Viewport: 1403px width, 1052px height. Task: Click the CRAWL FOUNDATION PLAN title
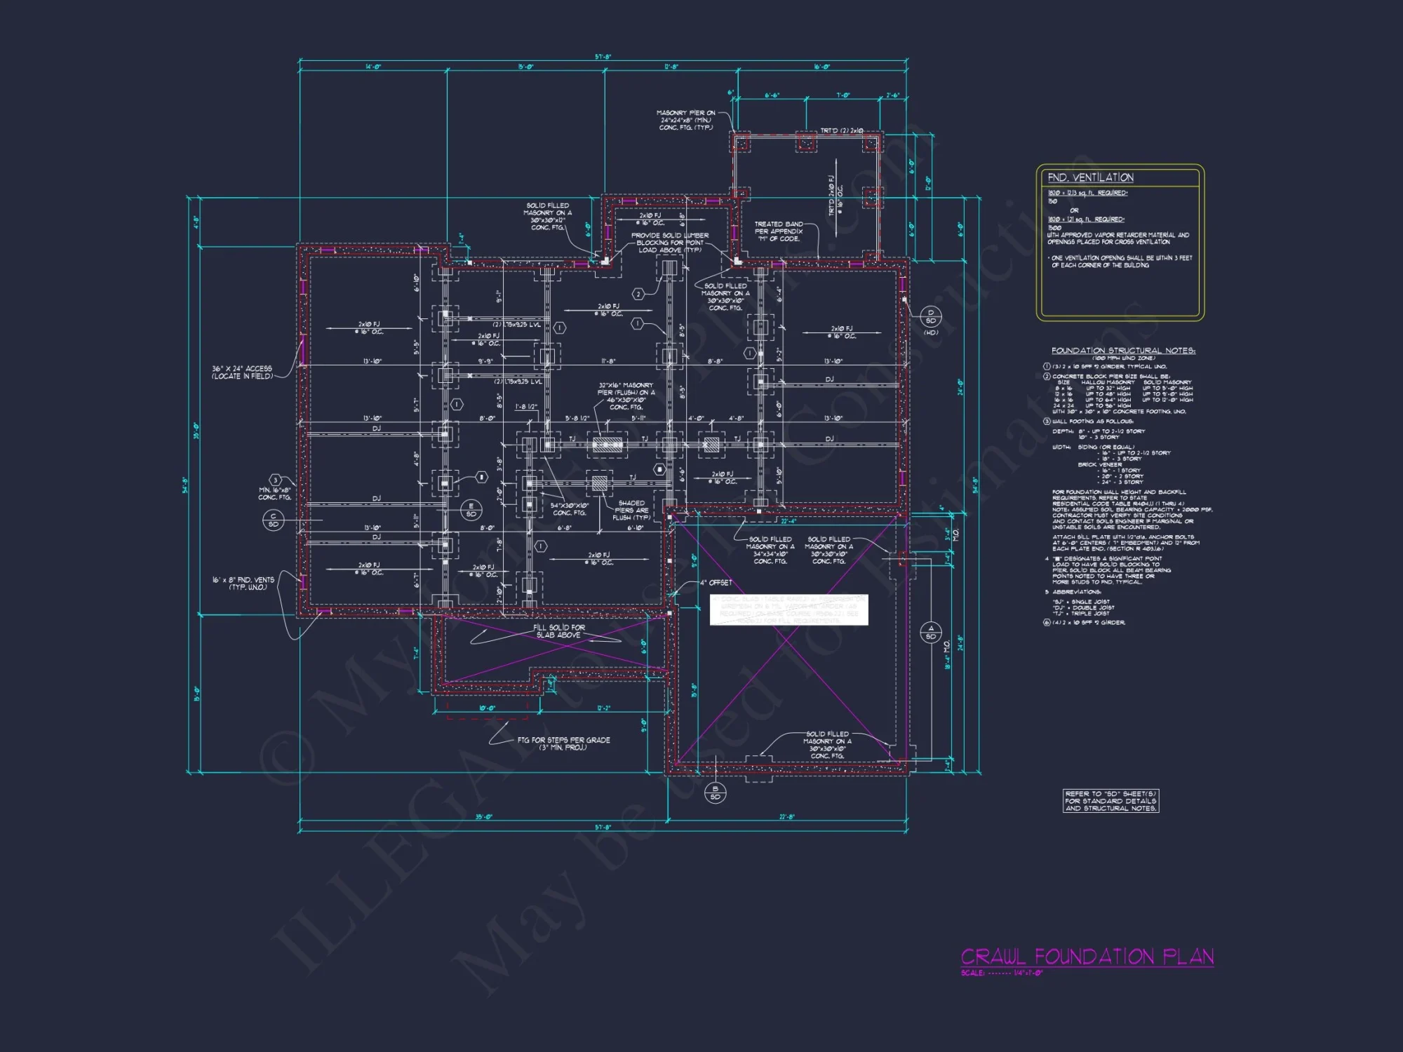pos(1087,957)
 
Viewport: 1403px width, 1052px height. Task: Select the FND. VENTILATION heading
pos(1090,177)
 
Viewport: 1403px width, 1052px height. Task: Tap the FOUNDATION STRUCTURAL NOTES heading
pos(1122,351)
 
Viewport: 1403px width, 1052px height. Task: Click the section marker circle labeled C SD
pos(273,520)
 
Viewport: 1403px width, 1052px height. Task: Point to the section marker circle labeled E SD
pos(471,510)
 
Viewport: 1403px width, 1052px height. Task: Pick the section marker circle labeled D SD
pos(930,317)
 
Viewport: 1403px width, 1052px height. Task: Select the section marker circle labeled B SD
pos(715,793)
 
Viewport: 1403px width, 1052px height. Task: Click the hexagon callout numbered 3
pos(276,480)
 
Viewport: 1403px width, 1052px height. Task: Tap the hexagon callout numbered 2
pos(638,294)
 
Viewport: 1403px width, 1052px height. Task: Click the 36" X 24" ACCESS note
pos(242,372)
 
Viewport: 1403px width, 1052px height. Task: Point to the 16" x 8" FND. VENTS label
pos(243,584)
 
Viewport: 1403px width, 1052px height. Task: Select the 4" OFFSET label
pos(716,583)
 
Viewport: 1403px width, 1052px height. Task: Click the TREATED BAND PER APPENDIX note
pos(778,231)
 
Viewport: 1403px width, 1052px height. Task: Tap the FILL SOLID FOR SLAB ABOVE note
pos(558,631)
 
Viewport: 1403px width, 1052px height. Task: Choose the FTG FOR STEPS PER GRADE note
pos(563,743)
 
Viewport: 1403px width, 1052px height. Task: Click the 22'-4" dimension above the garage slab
pos(788,521)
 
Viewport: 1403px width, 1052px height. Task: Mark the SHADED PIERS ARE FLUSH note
pos(631,510)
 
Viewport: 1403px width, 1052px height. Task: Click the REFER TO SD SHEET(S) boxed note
pos(1110,801)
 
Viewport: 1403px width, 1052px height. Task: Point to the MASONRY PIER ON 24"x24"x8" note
pos(685,120)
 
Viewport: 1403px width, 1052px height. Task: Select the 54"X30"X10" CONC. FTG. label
pos(569,509)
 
